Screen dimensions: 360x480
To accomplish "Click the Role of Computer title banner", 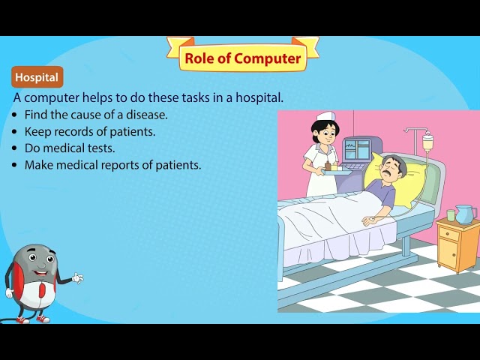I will coord(243,58).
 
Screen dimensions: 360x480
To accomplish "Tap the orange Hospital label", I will coord(37,77).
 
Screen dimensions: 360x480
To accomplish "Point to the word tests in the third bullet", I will coord(100,148).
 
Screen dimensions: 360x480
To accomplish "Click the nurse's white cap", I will coord(325,118).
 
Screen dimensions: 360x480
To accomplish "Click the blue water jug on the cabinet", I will coord(464,214).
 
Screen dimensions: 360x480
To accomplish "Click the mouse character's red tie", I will coord(41,289).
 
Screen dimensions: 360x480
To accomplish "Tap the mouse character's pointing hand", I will coord(77,279).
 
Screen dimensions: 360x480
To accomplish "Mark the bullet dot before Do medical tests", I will coord(16,148).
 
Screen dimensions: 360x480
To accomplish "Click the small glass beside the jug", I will coord(451,215).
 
